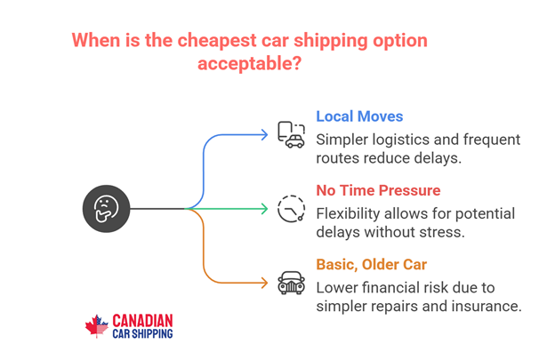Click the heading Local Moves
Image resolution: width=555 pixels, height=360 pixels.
pos(359,116)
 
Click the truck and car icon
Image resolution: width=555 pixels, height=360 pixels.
pos(291,134)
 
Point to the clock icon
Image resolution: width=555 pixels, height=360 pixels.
pos(291,209)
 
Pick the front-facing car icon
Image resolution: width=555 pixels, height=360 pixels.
pos(291,283)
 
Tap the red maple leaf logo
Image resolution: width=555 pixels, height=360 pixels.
pos(96,326)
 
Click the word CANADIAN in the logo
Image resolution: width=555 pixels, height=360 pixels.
pos(142,320)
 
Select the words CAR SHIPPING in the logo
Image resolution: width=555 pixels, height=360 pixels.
pos(142,333)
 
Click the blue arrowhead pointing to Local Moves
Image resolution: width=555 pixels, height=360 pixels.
pos(263,135)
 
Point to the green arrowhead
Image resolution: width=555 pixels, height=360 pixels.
pos(263,209)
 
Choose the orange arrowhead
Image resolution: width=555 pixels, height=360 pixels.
pos(263,283)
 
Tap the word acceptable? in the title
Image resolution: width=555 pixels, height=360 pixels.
pos(249,64)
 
